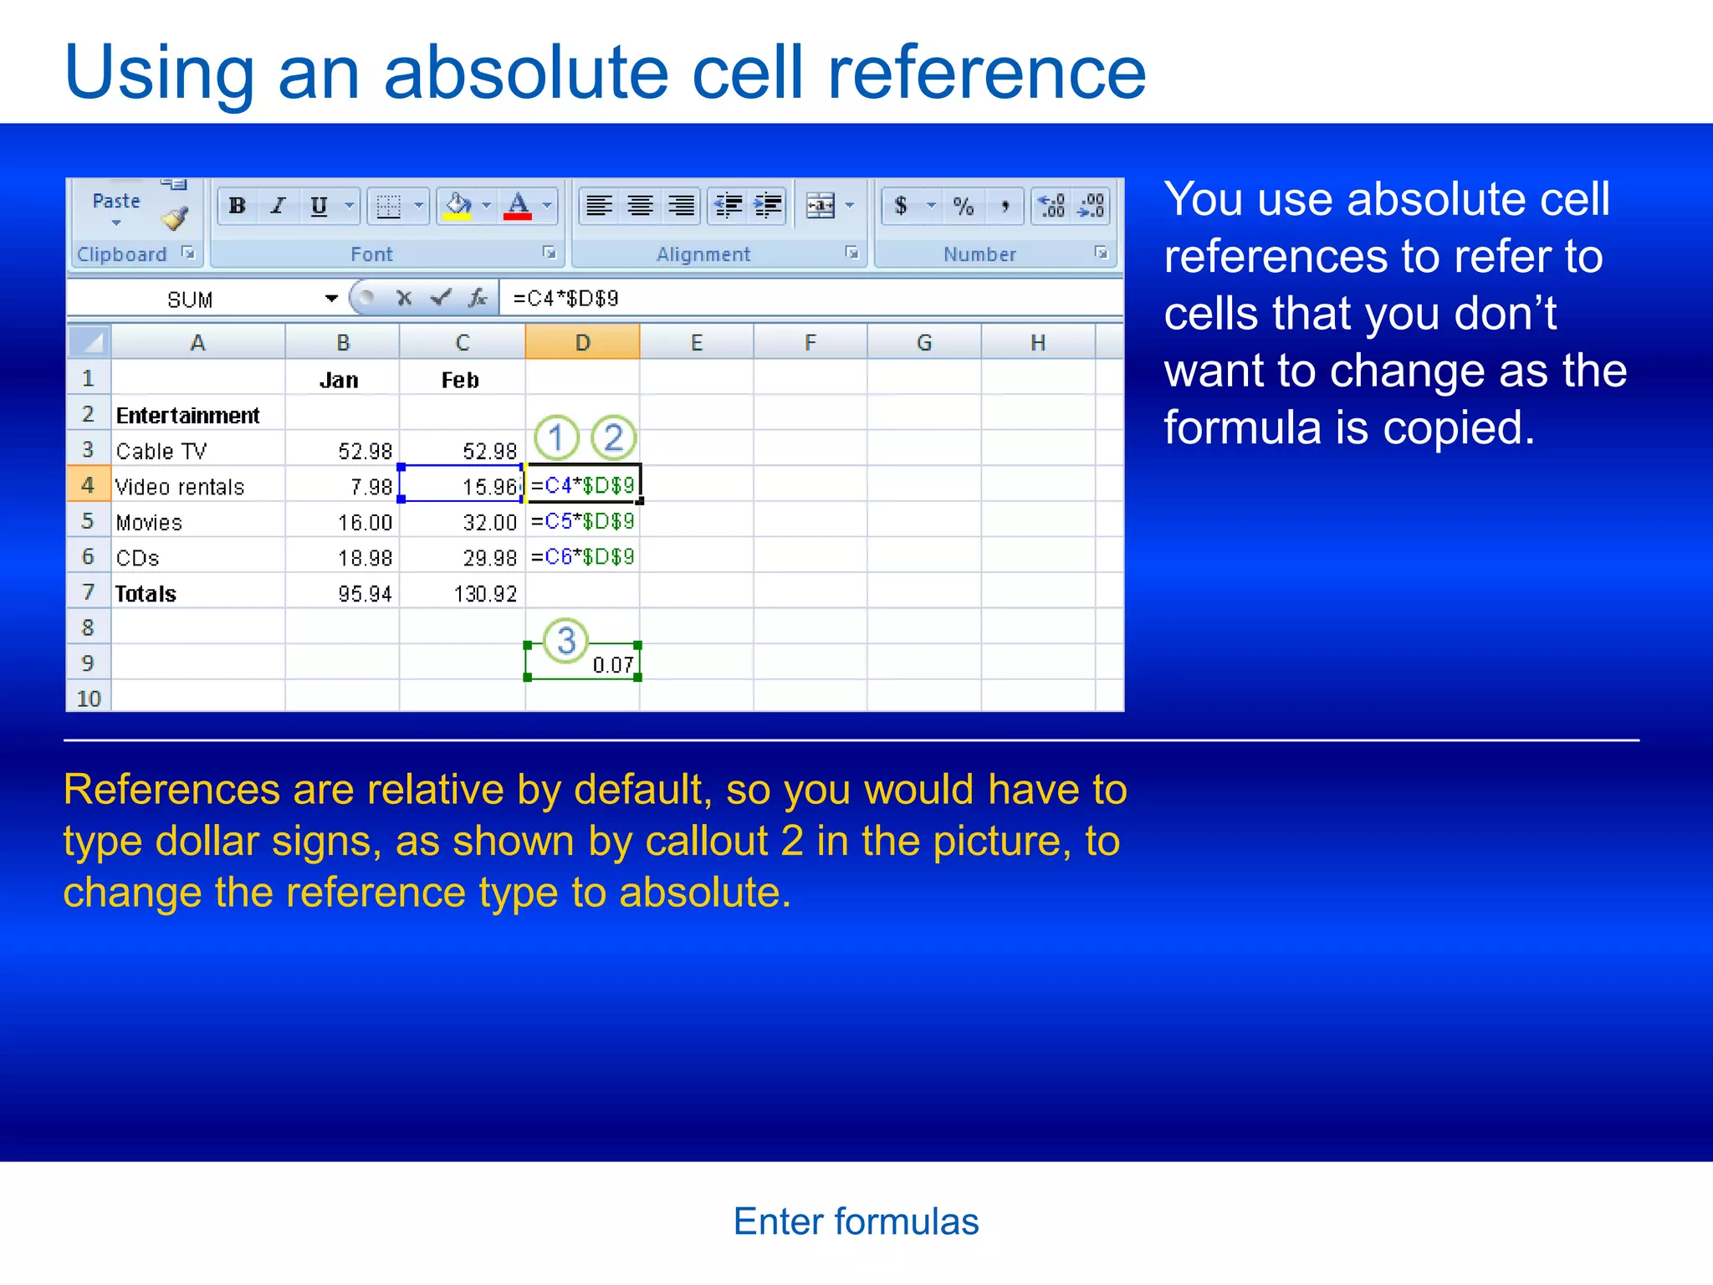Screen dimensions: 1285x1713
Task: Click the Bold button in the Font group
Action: pyautogui.click(x=238, y=206)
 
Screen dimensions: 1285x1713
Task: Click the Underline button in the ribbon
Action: pyautogui.click(x=319, y=206)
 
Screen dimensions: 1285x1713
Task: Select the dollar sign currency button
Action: pyautogui.click(x=901, y=206)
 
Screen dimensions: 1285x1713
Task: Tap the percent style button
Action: pyautogui.click(x=964, y=206)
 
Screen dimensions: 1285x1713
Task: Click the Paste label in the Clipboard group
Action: pyautogui.click(x=116, y=201)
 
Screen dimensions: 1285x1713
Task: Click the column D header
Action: pyautogui.click(x=582, y=343)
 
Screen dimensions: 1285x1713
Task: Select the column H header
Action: pyautogui.click(x=1037, y=343)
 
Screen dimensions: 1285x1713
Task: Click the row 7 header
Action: pyautogui.click(x=88, y=592)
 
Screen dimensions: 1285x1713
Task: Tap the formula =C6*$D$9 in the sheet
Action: pyautogui.click(x=583, y=557)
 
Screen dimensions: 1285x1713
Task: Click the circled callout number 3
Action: pyautogui.click(x=566, y=641)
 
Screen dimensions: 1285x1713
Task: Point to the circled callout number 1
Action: pyautogui.click(x=556, y=438)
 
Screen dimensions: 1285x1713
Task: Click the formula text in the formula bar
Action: pyautogui.click(x=565, y=299)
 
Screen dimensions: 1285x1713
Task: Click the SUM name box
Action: pyautogui.click(x=191, y=299)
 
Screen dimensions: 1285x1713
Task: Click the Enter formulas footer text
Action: pyautogui.click(x=856, y=1221)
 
